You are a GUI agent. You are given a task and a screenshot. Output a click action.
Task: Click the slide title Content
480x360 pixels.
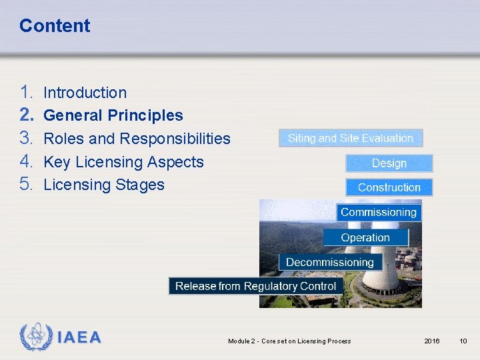tap(55, 26)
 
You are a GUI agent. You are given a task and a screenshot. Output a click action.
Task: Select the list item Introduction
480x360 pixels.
tap(85, 93)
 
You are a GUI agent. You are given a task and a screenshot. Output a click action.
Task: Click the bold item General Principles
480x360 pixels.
tap(113, 115)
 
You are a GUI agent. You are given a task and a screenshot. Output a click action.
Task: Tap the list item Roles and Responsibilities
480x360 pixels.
tap(137, 139)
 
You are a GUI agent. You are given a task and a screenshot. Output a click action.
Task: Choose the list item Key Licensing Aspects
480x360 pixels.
tap(123, 162)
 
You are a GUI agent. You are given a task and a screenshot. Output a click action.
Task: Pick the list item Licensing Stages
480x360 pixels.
tap(103, 185)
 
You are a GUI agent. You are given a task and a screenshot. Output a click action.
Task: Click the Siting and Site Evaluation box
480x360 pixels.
tap(351, 138)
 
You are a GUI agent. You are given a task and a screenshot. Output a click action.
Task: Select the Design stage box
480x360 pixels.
tap(389, 163)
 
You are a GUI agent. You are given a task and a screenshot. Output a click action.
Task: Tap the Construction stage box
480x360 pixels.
tap(389, 187)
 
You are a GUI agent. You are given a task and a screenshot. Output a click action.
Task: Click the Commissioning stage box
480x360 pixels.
tap(379, 213)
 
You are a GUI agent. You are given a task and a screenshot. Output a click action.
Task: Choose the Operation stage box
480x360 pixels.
tap(365, 237)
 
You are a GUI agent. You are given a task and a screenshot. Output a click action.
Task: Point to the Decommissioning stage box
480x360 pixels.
tap(330, 262)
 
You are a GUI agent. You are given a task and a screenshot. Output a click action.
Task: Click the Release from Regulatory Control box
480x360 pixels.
tap(256, 286)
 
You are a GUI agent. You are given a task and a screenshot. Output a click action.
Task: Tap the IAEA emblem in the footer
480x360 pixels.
tap(34, 337)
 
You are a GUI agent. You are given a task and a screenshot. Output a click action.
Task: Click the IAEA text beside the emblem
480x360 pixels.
tap(79, 337)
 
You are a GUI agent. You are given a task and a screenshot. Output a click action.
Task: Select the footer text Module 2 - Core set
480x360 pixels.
tap(289, 341)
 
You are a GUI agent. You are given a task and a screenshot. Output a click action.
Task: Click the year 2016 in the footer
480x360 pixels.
tap(432, 341)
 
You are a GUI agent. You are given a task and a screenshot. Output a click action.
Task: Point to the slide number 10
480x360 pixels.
tap(463, 341)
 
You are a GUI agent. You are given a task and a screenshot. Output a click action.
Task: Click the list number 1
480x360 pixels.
tap(27, 93)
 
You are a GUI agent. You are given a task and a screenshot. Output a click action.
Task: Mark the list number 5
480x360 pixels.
tap(27, 185)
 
